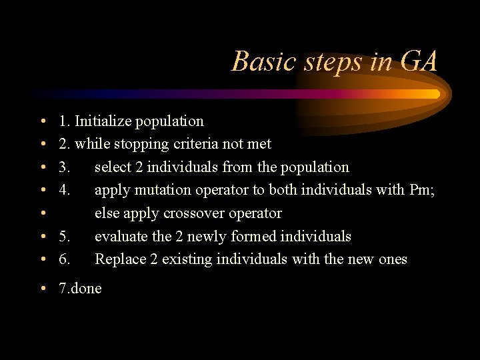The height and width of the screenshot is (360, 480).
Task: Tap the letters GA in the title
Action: (419, 62)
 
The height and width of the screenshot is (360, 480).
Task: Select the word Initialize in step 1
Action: (103, 121)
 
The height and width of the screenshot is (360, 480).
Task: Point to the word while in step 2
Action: (91, 144)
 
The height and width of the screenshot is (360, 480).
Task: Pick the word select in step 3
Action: (113, 167)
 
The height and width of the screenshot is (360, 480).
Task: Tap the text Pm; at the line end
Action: (422, 190)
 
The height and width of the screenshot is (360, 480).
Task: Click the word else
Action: (107, 213)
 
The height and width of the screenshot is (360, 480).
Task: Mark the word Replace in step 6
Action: (119, 259)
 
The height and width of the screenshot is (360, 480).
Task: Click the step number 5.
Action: (64, 237)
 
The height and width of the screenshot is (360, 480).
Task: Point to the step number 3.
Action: (64, 167)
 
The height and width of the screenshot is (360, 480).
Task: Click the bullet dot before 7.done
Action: (42, 289)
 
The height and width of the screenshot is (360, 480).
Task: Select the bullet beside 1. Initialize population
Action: (42, 121)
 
